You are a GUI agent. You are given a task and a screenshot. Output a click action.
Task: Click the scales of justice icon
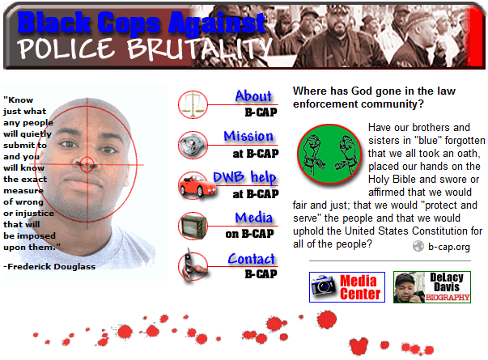click(x=193, y=104)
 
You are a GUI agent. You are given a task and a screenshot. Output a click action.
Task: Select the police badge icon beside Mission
click(x=193, y=145)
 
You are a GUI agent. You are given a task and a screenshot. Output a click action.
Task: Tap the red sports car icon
click(x=196, y=185)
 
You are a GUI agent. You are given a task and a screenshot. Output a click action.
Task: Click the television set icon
click(x=193, y=226)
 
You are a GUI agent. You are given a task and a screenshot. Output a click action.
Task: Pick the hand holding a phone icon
click(x=193, y=265)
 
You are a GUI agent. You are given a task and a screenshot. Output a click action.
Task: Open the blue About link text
click(x=253, y=96)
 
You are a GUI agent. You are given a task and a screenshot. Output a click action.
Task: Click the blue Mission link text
click(x=248, y=136)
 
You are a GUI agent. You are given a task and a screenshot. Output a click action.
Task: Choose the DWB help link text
click(x=244, y=177)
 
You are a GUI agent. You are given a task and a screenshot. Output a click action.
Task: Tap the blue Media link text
click(x=253, y=218)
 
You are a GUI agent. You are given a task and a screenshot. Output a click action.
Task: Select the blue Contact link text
click(x=252, y=259)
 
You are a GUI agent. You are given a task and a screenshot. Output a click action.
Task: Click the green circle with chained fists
click(x=329, y=154)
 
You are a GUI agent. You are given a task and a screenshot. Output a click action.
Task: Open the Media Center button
click(x=347, y=287)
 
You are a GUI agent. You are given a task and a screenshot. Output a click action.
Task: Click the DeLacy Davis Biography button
click(x=432, y=287)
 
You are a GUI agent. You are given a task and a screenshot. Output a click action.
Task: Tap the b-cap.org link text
click(x=449, y=247)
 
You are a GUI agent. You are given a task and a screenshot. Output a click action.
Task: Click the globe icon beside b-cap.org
click(x=418, y=246)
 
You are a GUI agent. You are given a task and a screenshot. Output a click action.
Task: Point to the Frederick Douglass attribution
click(x=49, y=267)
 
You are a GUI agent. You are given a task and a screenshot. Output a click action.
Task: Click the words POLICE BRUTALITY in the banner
click(x=145, y=49)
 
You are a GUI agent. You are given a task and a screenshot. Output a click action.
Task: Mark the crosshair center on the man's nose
click(x=87, y=164)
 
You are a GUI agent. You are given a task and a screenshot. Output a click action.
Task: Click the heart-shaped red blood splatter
click(x=359, y=345)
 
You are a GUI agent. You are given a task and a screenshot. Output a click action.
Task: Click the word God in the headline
click(x=361, y=91)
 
